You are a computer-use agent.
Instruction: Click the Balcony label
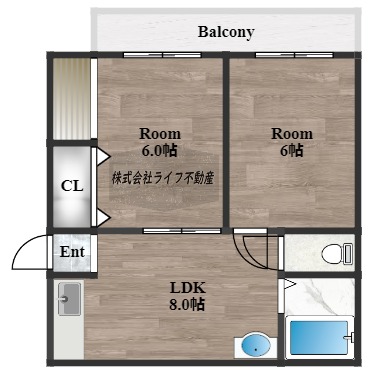[x=226, y=33]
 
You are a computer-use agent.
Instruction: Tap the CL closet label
[x=72, y=186]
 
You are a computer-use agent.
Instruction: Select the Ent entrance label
[x=72, y=252]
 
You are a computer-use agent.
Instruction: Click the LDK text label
[x=188, y=288]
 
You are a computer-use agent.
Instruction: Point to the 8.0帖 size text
[x=187, y=304]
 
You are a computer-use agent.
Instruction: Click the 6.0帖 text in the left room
[x=160, y=151]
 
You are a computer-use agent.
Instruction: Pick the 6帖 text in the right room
[x=292, y=151]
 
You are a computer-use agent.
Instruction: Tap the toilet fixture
[x=337, y=254]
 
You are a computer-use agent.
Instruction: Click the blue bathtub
[x=319, y=337]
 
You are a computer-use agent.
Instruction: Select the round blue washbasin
[x=256, y=345]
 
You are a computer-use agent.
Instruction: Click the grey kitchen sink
[x=69, y=299]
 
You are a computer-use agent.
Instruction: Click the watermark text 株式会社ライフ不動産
[x=163, y=178]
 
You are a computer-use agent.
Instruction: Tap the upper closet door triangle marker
[x=103, y=156]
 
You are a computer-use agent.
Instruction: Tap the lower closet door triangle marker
[x=103, y=219]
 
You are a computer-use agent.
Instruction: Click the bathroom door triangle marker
[x=289, y=284]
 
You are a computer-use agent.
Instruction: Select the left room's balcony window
[x=162, y=55]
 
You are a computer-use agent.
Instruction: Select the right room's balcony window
[x=294, y=55]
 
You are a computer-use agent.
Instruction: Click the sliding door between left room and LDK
[x=182, y=231]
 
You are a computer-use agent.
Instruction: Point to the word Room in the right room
[x=292, y=134]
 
